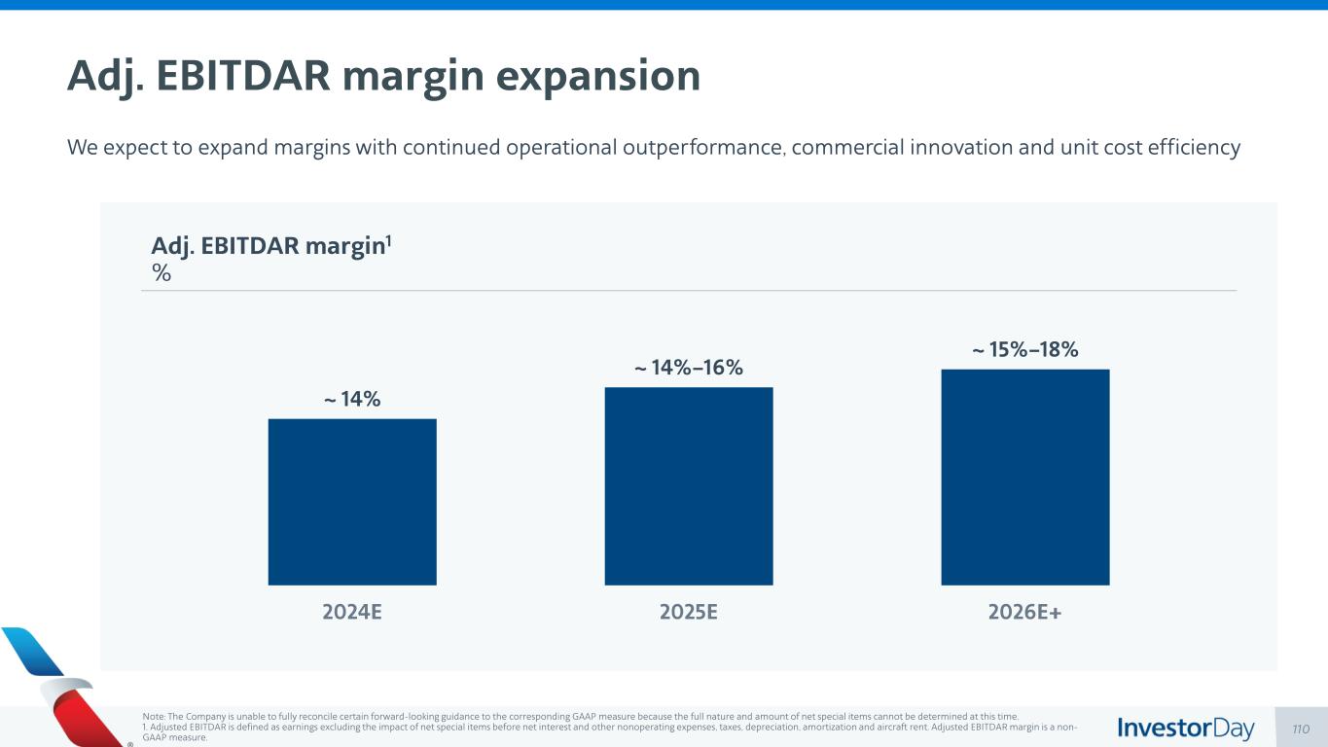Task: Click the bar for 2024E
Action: (352, 501)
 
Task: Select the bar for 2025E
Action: (689, 485)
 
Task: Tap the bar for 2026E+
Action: (1025, 477)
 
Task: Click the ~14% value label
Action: (352, 399)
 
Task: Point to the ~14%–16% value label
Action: (689, 368)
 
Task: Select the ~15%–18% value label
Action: (1025, 349)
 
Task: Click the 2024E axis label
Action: (352, 613)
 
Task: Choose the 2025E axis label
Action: (689, 613)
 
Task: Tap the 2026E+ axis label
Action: (1025, 613)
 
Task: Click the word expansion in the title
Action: (597, 77)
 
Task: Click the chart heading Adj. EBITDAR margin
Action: (271, 247)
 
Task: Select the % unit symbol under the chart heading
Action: (162, 273)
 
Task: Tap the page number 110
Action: (1302, 729)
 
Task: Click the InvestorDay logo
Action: (1186, 729)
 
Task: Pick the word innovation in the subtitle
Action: (937, 148)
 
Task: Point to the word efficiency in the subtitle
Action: (1195, 148)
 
